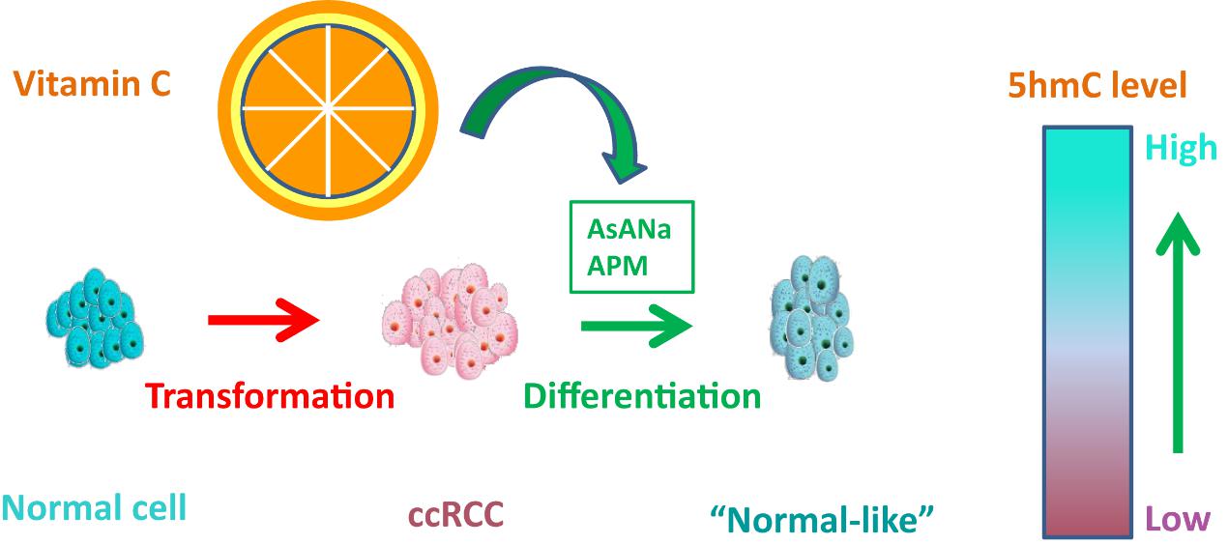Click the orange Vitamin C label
[92, 84]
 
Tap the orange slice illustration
[327, 103]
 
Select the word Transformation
[270, 395]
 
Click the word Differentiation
[642, 395]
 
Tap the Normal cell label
[94, 508]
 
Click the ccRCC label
[455, 515]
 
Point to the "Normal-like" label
[823, 521]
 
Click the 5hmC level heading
[1096, 86]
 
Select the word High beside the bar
[1181, 148]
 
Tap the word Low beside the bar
[1178, 519]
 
